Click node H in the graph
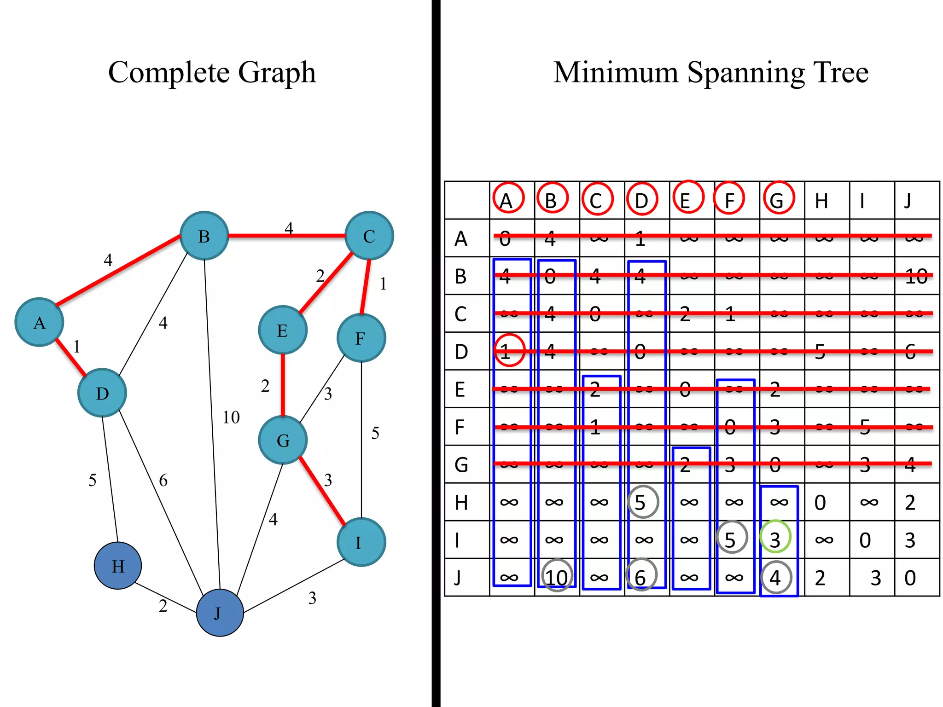[118, 566]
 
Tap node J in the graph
[220, 613]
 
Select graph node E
[283, 330]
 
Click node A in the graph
[39, 322]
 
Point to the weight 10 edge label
[231, 417]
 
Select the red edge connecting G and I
[322, 491]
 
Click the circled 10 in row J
[557, 577]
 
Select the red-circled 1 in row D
[509, 351]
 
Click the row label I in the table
[458, 540]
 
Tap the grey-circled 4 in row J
[776, 577]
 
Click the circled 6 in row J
[641, 576]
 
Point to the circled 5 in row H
[643, 502]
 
